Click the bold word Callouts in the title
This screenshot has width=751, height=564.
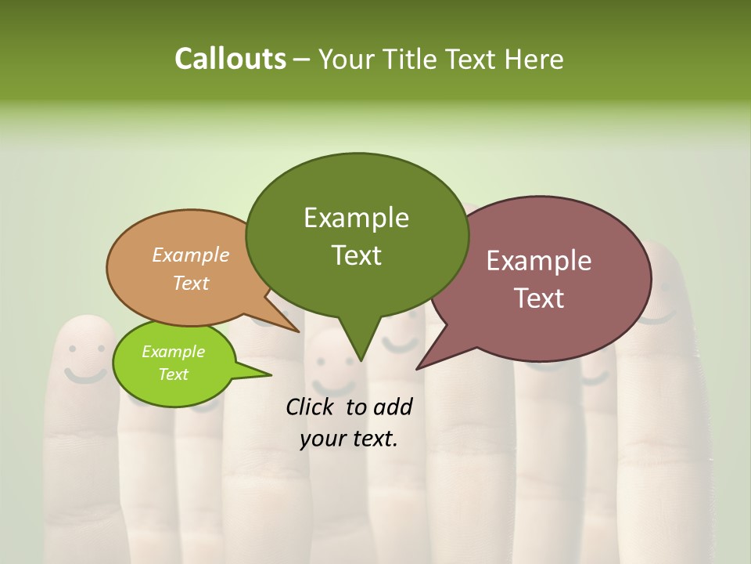tap(230, 59)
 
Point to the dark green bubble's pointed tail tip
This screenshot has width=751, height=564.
tap(360, 360)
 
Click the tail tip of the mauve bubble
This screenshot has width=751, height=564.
tap(418, 367)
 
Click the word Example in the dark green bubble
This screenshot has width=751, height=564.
tap(356, 218)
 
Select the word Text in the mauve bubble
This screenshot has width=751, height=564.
tap(540, 298)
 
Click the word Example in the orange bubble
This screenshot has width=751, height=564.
tap(191, 255)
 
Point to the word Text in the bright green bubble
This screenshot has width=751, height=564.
tap(173, 374)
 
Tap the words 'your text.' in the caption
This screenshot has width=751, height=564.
tap(348, 439)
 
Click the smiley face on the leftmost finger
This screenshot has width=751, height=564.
tap(84, 352)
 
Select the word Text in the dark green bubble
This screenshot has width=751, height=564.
tap(356, 255)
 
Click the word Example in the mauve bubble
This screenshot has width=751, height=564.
tap(539, 260)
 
